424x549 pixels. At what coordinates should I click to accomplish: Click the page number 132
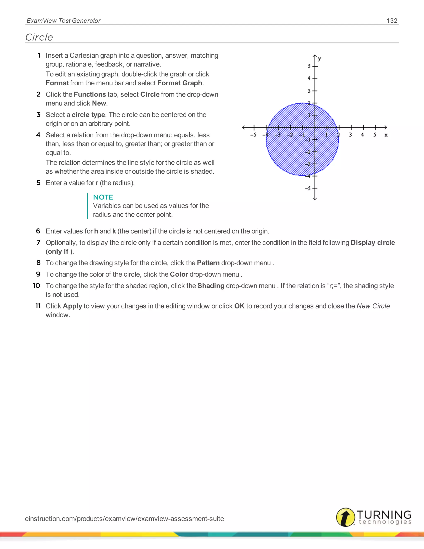click(392, 21)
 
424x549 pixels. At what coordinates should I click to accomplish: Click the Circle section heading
click(39, 37)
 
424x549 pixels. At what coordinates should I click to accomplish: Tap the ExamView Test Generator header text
click(64, 21)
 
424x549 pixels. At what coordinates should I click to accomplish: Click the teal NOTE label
click(103, 197)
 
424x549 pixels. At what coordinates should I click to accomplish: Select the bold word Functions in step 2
click(90, 94)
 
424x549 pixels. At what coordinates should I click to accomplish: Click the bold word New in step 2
click(99, 103)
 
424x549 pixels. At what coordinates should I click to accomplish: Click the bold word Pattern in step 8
click(208, 263)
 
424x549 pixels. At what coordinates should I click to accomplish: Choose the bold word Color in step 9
click(179, 274)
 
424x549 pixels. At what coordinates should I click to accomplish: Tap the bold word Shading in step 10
click(211, 286)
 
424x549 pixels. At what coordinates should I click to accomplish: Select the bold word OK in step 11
click(239, 306)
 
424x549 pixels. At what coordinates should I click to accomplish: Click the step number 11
click(38, 306)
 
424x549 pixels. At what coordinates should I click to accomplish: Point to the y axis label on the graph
click(319, 59)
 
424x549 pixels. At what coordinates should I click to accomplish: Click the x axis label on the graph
click(386, 135)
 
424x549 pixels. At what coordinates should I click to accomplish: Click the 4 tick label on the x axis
click(363, 135)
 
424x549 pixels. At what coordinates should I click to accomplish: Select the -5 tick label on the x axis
click(253, 135)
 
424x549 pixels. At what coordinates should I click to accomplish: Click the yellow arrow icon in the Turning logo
click(346, 517)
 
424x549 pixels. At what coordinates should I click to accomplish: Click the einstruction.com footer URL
click(124, 519)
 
